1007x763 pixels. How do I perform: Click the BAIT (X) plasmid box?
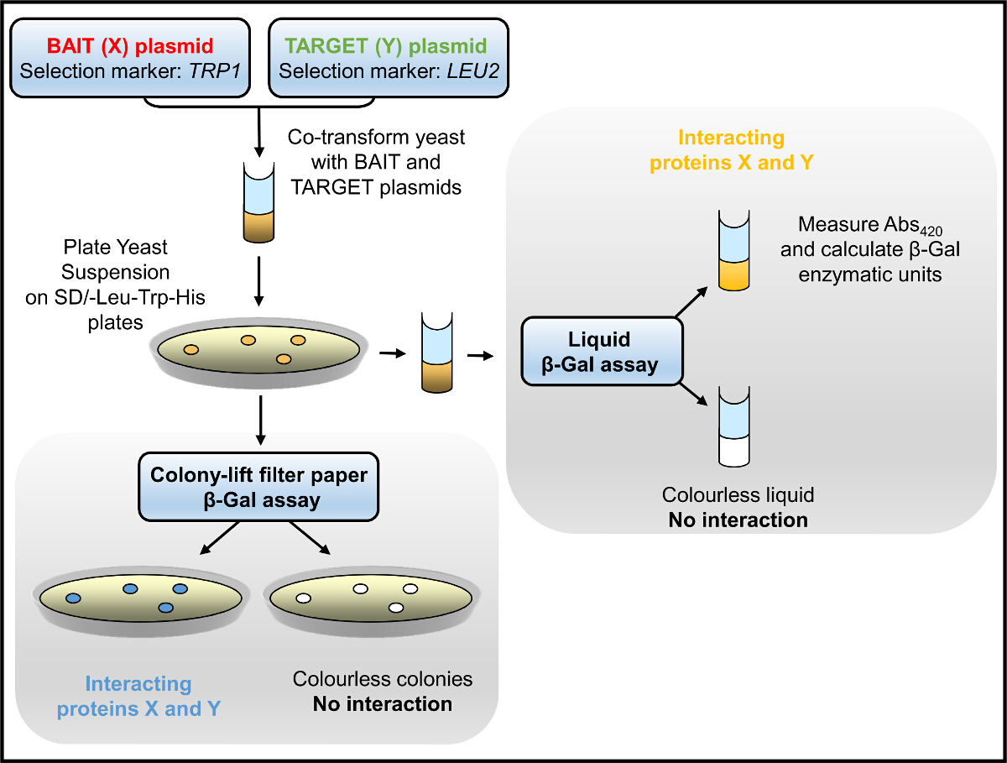click(x=131, y=58)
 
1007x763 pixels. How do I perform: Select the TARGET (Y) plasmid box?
click(x=389, y=58)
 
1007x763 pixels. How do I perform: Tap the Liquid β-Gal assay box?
click(x=601, y=351)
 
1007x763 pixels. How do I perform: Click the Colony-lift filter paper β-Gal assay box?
click(x=258, y=488)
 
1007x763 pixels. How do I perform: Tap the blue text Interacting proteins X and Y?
click(x=138, y=697)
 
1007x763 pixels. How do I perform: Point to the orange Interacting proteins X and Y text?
click(x=731, y=150)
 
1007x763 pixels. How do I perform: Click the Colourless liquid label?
click(x=738, y=495)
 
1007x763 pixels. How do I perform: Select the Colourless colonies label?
click(x=383, y=679)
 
